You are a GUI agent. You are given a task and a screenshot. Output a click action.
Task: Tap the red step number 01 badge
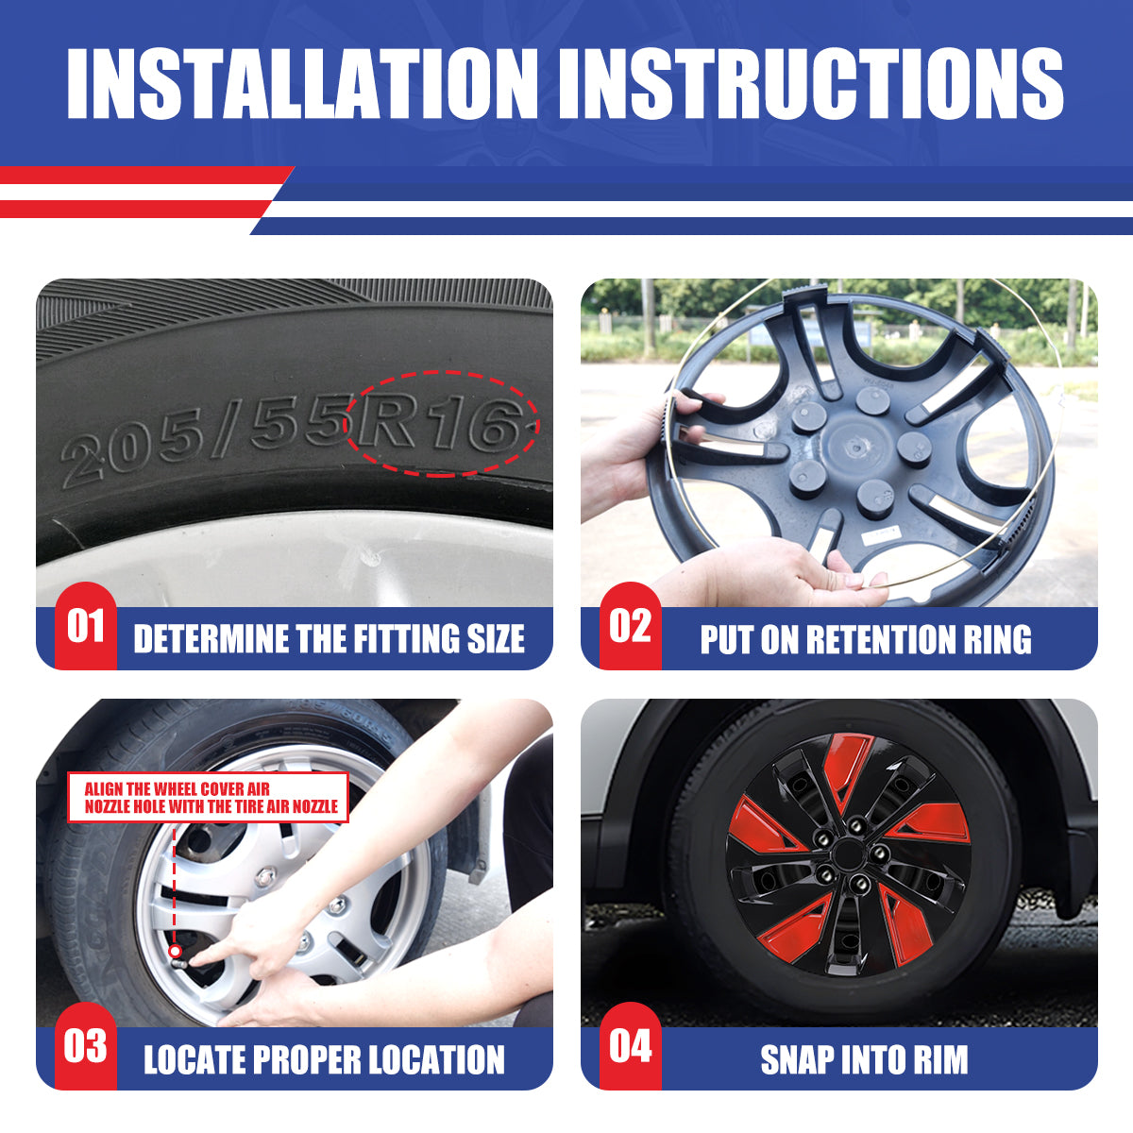click(85, 626)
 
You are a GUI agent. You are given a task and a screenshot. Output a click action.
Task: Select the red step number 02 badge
click(630, 626)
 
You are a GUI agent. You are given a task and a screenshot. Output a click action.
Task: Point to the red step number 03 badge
click(85, 1046)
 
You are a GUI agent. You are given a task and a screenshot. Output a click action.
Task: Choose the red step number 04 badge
click(630, 1046)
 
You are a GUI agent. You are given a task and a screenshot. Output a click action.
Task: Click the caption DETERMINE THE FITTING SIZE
click(329, 639)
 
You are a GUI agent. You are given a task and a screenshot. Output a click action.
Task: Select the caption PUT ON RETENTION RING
click(866, 639)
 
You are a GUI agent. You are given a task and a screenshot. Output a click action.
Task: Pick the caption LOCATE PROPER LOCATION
click(324, 1059)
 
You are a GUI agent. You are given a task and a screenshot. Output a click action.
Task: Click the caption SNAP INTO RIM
click(865, 1059)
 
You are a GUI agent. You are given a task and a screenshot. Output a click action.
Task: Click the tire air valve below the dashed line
click(177, 952)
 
